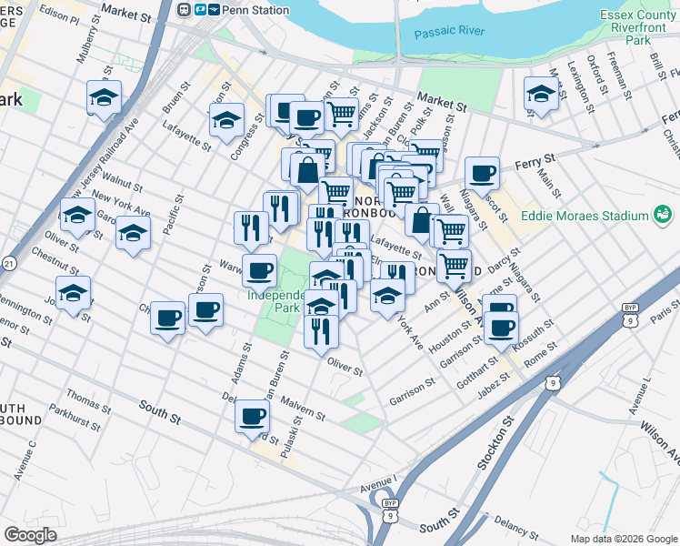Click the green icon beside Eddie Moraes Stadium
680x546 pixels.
pos(664,216)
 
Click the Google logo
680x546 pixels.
pos(30,535)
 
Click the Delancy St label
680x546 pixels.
pos(519,527)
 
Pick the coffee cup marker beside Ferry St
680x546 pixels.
pos(482,173)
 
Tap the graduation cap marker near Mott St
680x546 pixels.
pos(541,94)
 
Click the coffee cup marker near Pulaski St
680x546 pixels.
pos(252,417)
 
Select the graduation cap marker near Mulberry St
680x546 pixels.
pos(104,96)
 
